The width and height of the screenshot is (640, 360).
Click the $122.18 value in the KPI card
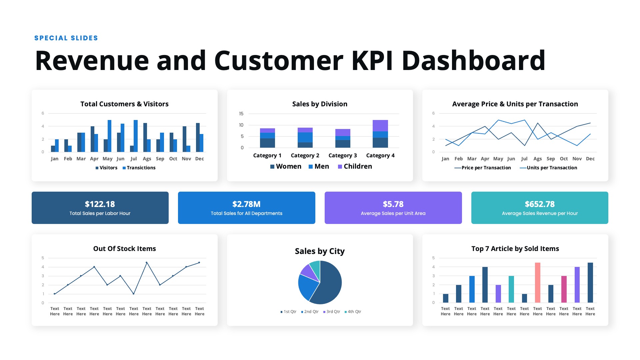pos(100,204)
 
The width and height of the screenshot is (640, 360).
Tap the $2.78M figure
pos(246,204)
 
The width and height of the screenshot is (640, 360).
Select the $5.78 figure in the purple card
pos(393,204)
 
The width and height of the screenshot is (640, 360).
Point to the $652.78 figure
pos(540,204)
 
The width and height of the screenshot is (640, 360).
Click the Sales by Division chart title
pos(320,104)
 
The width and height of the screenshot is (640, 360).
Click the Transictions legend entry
pos(139,168)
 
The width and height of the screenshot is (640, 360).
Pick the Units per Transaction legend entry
pos(548,168)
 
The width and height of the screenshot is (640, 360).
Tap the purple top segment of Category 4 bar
pos(380,126)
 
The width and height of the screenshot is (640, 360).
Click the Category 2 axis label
pos(305,155)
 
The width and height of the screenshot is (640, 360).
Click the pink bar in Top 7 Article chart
pos(537,283)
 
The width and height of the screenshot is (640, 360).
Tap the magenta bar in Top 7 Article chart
pos(564,289)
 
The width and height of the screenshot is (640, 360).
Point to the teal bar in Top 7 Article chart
pos(511,289)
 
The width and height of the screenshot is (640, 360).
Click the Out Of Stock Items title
pos(125,249)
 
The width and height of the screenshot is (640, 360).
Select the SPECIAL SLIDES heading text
pos(66,38)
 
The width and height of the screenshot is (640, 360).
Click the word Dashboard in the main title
pos(473,60)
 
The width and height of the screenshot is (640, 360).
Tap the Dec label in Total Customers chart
pos(199,159)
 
